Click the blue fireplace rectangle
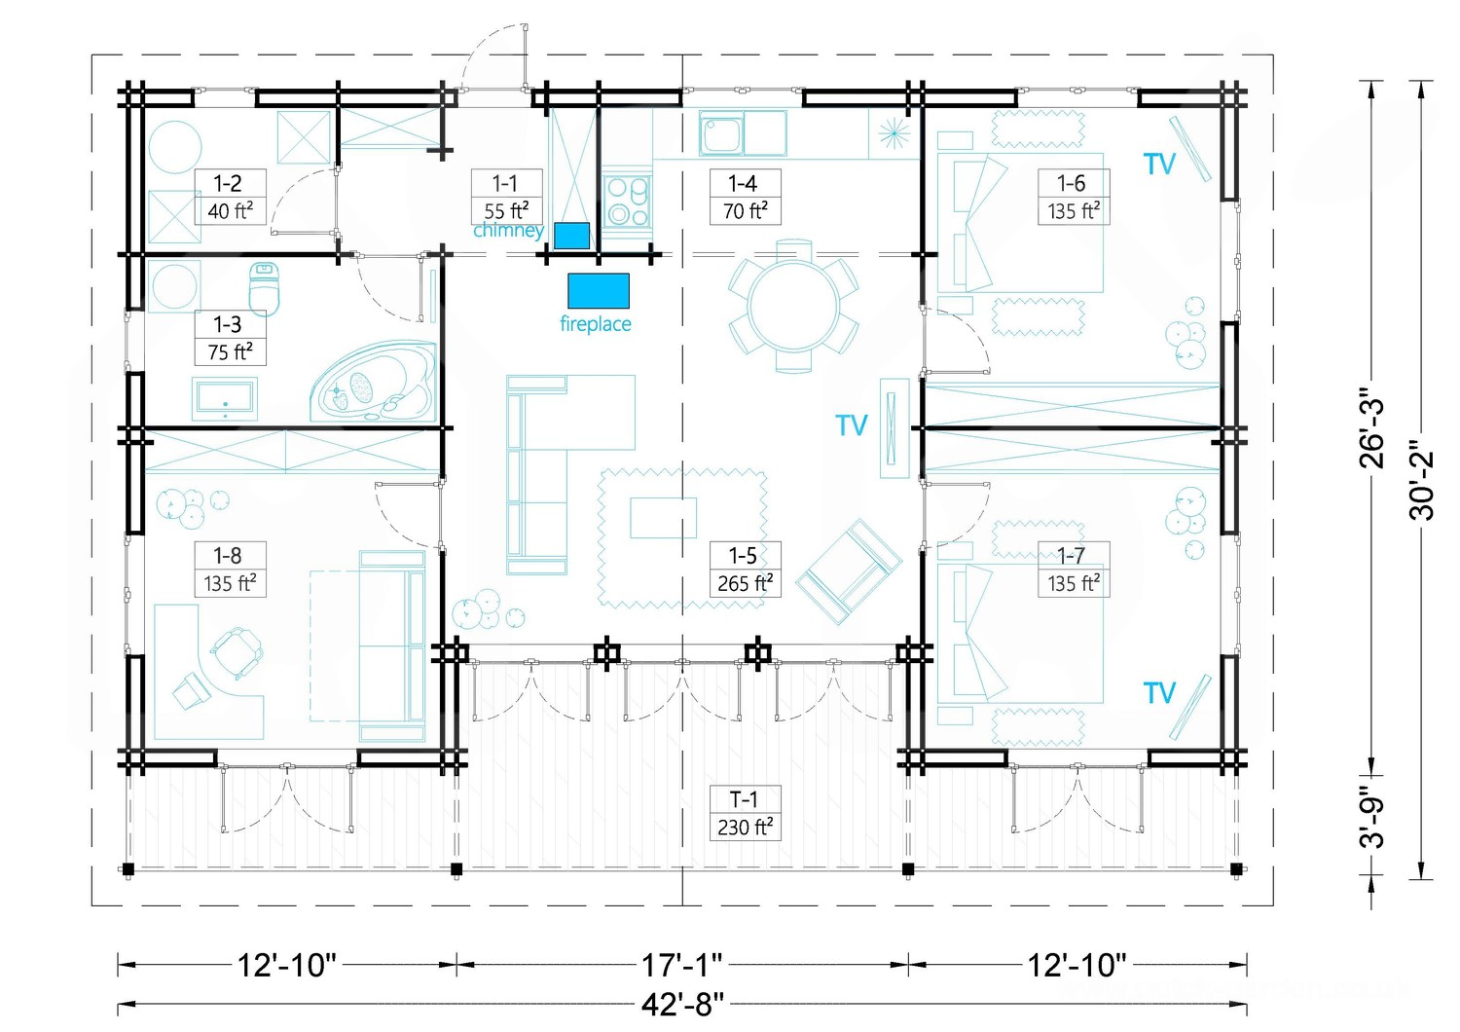[599, 291]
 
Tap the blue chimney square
[571, 236]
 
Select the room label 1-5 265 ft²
[745, 570]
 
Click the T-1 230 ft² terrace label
[745, 813]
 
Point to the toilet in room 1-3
[265, 289]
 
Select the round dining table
[793, 306]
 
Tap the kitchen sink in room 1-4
[743, 133]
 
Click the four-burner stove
[627, 202]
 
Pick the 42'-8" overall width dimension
[682, 1006]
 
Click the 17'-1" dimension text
[681, 965]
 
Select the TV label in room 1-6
[1159, 165]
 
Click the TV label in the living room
[852, 425]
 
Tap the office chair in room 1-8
[237, 652]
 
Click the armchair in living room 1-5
[849, 571]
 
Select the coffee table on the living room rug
[663, 518]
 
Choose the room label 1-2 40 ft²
[230, 197]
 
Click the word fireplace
[596, 324]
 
